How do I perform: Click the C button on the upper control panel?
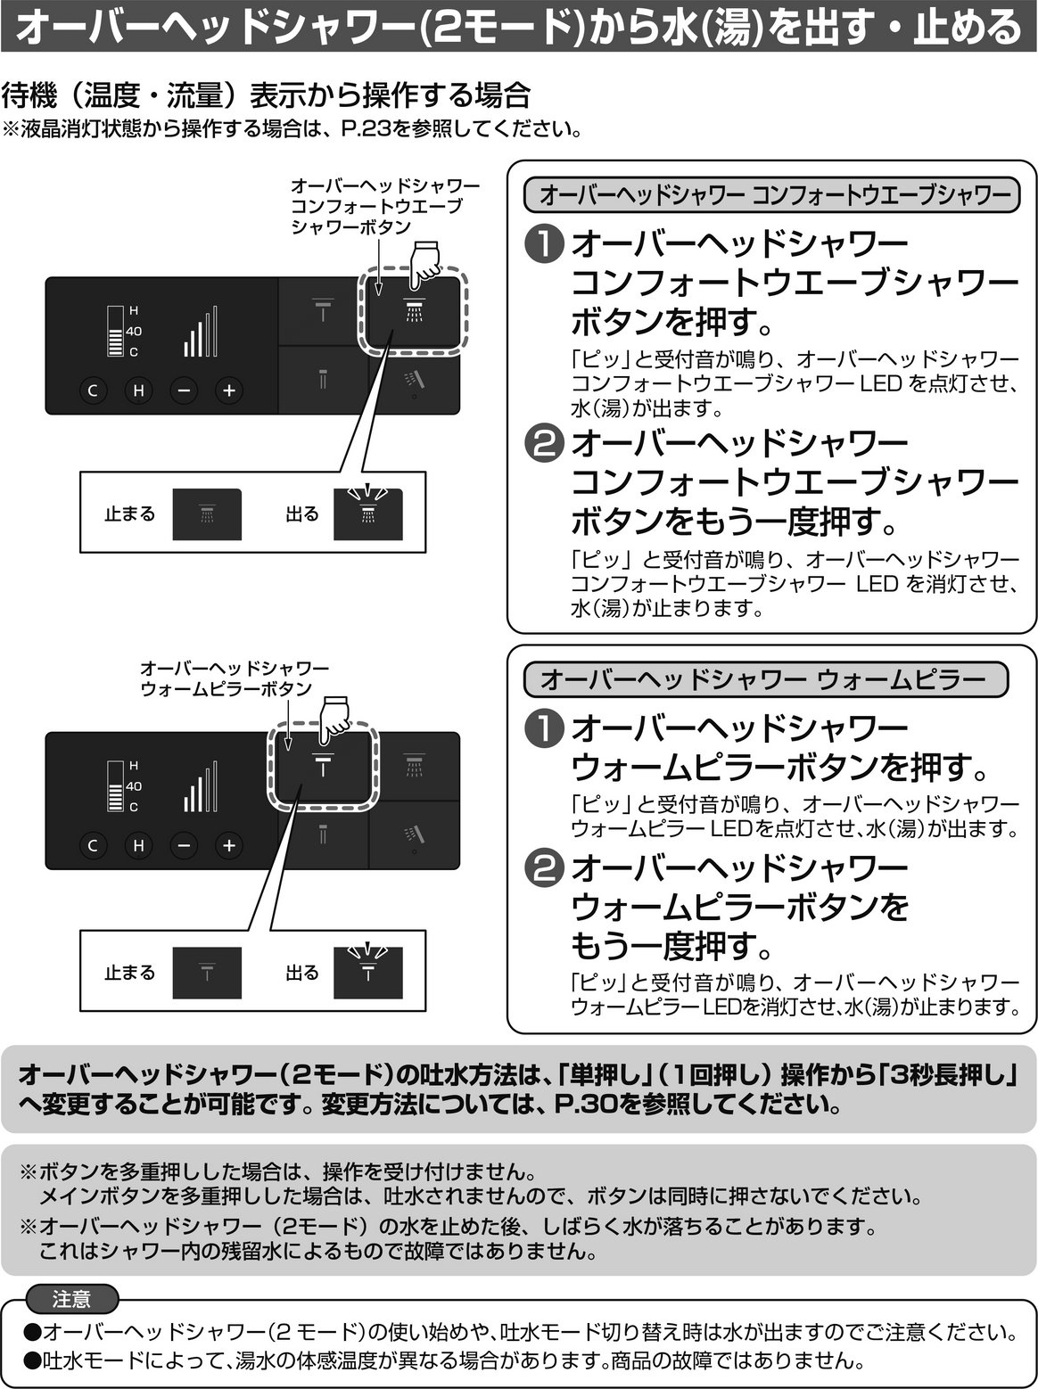(93, 390)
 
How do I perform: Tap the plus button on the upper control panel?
(229, 390)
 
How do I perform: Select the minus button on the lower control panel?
(184, 845)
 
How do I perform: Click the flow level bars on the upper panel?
(201, 332)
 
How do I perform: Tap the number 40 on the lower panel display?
(134, 786)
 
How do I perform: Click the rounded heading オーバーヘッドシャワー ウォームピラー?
(766, 679)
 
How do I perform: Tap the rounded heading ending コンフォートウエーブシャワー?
(771, 195)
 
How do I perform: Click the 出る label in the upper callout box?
(301, 514)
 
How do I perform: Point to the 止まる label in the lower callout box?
(130, 973)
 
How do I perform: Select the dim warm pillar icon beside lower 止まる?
(207, 973)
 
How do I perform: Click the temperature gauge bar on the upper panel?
(115, 332)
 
